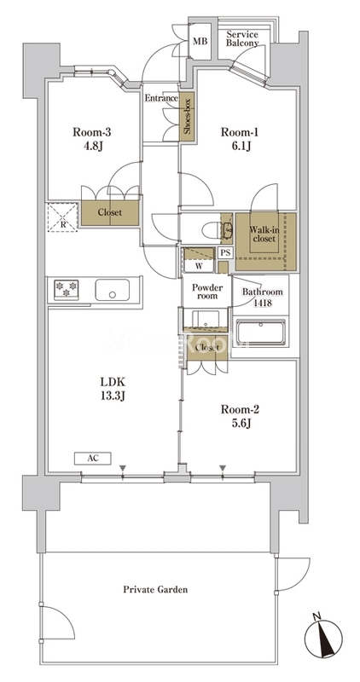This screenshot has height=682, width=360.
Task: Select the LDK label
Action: [113, 382]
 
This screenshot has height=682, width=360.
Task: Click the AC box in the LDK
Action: [93, 458]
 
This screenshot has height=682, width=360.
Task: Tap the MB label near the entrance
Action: [200, 41]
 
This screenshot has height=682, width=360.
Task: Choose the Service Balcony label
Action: [242, 38]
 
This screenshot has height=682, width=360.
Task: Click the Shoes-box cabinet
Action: [187, 116]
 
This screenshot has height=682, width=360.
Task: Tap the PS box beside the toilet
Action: [225, 252]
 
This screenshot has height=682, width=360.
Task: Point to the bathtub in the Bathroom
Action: [260, 332]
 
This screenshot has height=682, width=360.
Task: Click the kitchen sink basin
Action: [113, 290]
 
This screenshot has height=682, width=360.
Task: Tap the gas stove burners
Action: [66, 289]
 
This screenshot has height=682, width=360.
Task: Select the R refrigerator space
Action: [62, 217]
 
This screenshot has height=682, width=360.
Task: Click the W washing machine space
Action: [200, 260]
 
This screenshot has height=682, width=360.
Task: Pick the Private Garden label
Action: [155, 590]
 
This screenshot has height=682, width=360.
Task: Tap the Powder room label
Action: [207, 292]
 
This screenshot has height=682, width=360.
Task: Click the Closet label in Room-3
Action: [110, 213]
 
